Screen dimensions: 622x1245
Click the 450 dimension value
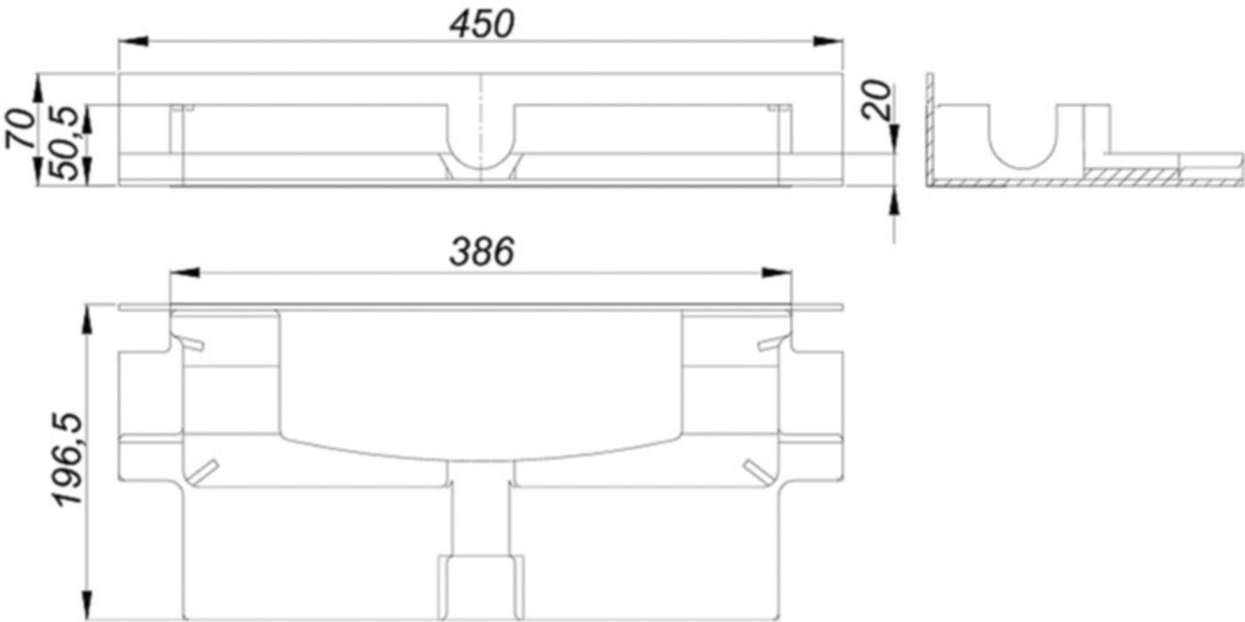[481, 24]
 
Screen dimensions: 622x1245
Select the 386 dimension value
[481, 254]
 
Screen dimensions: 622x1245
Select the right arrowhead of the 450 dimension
[830, 41]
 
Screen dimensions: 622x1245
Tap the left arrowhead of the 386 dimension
[183, 272]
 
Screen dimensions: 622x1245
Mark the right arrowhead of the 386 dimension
[778, 272]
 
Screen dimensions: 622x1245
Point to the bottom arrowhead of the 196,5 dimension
[87, 607]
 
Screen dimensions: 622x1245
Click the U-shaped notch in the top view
[480, 142]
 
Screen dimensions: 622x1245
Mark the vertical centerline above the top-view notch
[480, 89]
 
